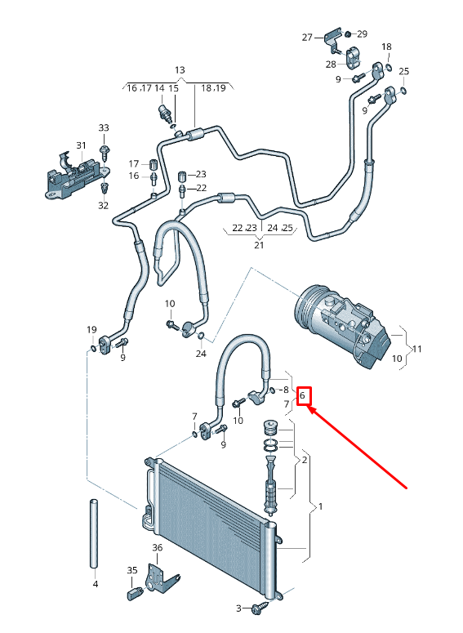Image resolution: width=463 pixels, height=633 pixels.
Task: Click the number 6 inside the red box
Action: (303, 396)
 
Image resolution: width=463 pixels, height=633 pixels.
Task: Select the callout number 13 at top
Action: (180, 70)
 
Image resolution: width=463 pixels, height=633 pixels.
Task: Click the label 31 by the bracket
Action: (81, 145)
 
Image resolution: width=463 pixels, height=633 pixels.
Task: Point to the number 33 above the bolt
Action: (103, 128)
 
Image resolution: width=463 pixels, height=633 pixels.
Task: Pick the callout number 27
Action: (307, 37)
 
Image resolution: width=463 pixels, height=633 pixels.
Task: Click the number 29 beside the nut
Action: (362, 33)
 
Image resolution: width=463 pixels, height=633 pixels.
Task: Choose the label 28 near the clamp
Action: (331, 64)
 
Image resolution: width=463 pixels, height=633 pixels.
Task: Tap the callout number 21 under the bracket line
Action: (259, 244)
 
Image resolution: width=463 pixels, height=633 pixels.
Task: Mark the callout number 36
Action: (158, 547)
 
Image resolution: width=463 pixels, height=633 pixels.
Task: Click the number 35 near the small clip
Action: (132, 569)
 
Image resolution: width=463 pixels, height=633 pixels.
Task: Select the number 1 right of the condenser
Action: (321, 506)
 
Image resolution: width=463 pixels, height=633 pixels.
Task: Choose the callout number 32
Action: (104, 206)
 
